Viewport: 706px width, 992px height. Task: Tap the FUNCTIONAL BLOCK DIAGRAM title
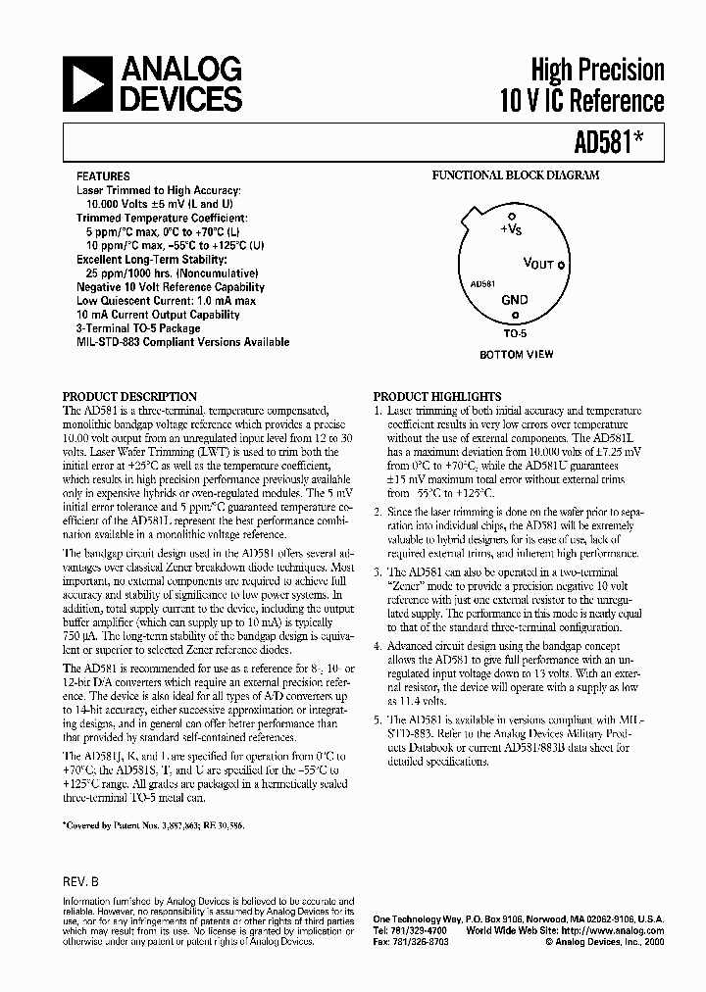(517, 176)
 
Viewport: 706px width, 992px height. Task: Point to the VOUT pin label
(540, 264)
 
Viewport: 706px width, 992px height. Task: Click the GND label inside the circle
(515, 300)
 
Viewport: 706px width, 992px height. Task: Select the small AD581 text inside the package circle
(481, 283)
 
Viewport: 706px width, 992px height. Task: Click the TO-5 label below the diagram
(516, 334)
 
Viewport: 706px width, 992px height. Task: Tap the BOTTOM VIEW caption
(516, 354)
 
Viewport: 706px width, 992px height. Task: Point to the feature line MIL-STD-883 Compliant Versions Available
(183, 342)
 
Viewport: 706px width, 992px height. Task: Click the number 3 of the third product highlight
(378, 570)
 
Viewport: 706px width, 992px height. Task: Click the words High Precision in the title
(597, 70)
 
